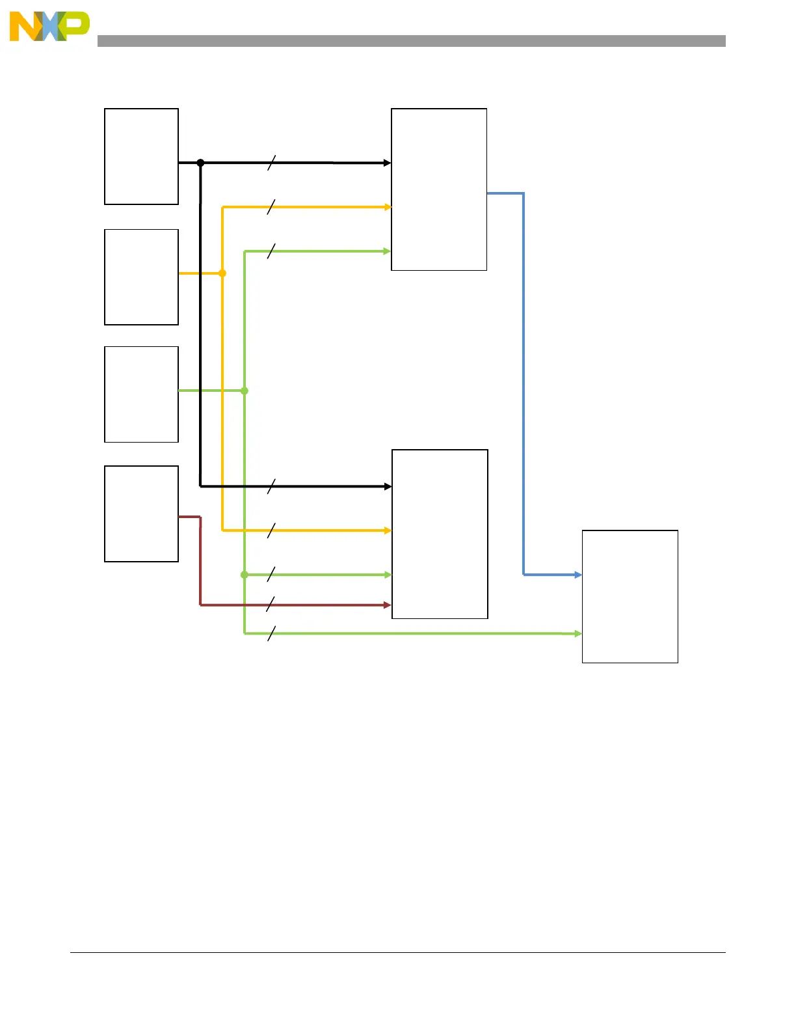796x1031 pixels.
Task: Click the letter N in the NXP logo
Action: pos(23,27)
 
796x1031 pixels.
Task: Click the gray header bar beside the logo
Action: pos(411,41)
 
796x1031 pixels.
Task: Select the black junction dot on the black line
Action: pos(200,163)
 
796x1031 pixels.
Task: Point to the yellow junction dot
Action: pos(222,273)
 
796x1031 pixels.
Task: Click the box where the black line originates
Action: pos(141,156)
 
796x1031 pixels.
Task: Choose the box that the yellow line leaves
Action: pos(141,277)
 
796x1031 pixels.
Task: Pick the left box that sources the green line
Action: pos(141,394)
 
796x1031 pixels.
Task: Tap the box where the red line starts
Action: pos(141,514)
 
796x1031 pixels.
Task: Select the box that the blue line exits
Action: pos(439,189)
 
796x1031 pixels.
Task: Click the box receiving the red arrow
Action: pos(440,534)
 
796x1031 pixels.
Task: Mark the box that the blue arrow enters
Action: pos(630,596)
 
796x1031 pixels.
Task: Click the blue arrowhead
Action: pos(578,575)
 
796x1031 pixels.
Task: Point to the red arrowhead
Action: pos(388,605)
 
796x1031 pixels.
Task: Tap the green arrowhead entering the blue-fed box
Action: pos(578,633)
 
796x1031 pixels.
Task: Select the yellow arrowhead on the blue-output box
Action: pos(388,207)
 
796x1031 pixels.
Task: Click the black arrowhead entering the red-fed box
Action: pos(388,486)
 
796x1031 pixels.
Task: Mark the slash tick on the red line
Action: pos(271,605)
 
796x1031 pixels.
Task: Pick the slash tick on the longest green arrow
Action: pos(271,633)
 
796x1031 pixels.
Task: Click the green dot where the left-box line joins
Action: pos(245,391)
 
